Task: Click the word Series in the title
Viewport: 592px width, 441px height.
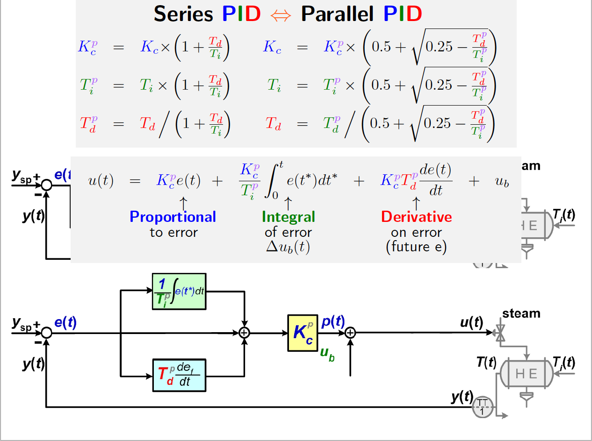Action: (184, 14)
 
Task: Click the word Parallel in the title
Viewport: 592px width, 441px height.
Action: (337, 14)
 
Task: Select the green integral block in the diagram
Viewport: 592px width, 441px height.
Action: (180, 292)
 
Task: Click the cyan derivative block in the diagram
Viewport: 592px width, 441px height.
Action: (180, 376)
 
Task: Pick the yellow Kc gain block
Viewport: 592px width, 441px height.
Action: (303, 333)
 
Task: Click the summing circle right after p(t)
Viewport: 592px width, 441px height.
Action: (350, 333)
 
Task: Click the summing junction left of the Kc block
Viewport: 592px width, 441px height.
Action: (244, 333)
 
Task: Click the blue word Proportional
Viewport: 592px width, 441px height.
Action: (173, 217)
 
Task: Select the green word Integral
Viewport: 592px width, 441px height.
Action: (289, 217)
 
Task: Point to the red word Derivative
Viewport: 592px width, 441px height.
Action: (416, 217)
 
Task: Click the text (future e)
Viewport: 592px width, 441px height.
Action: (416, 247)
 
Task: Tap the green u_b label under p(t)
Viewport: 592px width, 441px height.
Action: (327, 353)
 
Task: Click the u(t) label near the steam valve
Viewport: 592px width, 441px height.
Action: (471, 322)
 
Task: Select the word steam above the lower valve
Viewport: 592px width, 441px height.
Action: (521, 313)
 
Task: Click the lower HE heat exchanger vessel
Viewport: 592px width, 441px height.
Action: (526, 374)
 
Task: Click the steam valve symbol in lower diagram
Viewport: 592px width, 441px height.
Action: (500, 334)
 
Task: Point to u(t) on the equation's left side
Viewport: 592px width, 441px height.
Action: (101, 181)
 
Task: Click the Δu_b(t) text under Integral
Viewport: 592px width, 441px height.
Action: (288, 247)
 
